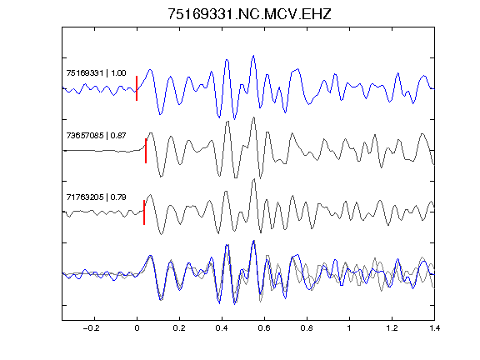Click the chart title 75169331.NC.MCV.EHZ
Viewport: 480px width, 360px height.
click(249, 14)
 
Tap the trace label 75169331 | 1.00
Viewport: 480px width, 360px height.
click(96, 73)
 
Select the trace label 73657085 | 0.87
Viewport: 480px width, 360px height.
click(96, 135)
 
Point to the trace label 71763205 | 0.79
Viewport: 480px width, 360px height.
click(96, 197)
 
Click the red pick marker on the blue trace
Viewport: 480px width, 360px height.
click(137, 88)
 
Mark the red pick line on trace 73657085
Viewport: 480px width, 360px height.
click(146, 151)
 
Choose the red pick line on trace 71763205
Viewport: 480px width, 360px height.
click(144, 212)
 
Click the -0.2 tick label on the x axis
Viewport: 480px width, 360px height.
click(91, 328)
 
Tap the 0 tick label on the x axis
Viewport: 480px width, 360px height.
click(137, 328)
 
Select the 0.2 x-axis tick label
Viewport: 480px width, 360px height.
click(179, 328)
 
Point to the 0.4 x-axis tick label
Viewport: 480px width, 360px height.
click(222, 328)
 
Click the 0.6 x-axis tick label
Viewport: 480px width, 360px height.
click(264, 328)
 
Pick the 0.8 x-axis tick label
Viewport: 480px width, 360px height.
click(307, 328)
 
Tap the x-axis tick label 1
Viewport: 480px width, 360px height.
click(349, 328)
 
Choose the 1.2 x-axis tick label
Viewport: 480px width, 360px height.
click(392, 328)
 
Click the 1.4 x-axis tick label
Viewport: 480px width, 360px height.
click(434, 328)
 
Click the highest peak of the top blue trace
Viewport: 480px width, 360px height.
click(253, 56)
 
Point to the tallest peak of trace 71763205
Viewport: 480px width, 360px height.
click(253, 179)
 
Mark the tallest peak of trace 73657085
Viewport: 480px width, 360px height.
click(253, 117)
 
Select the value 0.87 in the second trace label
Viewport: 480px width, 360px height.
click(118, 135)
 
